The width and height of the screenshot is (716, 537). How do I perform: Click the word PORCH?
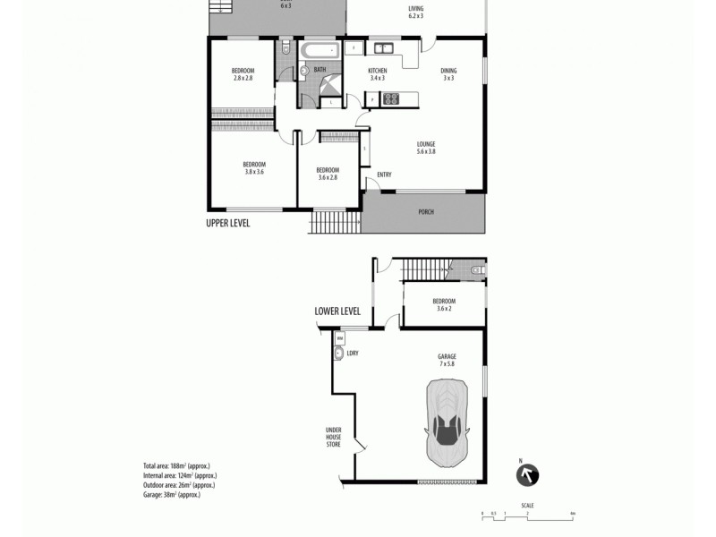click(426, 212)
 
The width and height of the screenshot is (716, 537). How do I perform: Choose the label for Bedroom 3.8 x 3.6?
click(253, 167)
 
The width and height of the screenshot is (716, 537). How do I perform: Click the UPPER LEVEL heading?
click(228, 223)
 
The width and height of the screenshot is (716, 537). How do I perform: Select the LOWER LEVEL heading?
click(337, 311)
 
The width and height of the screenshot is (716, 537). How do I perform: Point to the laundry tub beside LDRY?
click(338, 354)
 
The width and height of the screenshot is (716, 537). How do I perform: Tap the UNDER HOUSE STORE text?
click(334, 436)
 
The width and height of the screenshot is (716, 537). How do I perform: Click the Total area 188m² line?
click(175, 466)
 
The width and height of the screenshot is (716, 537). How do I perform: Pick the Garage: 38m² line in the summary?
click(171, 494)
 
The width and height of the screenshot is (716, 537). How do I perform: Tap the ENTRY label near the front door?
click(384, 175)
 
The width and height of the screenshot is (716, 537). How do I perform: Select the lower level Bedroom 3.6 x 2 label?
click(444, 304)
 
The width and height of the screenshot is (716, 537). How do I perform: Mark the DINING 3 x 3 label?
click(448, 74)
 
